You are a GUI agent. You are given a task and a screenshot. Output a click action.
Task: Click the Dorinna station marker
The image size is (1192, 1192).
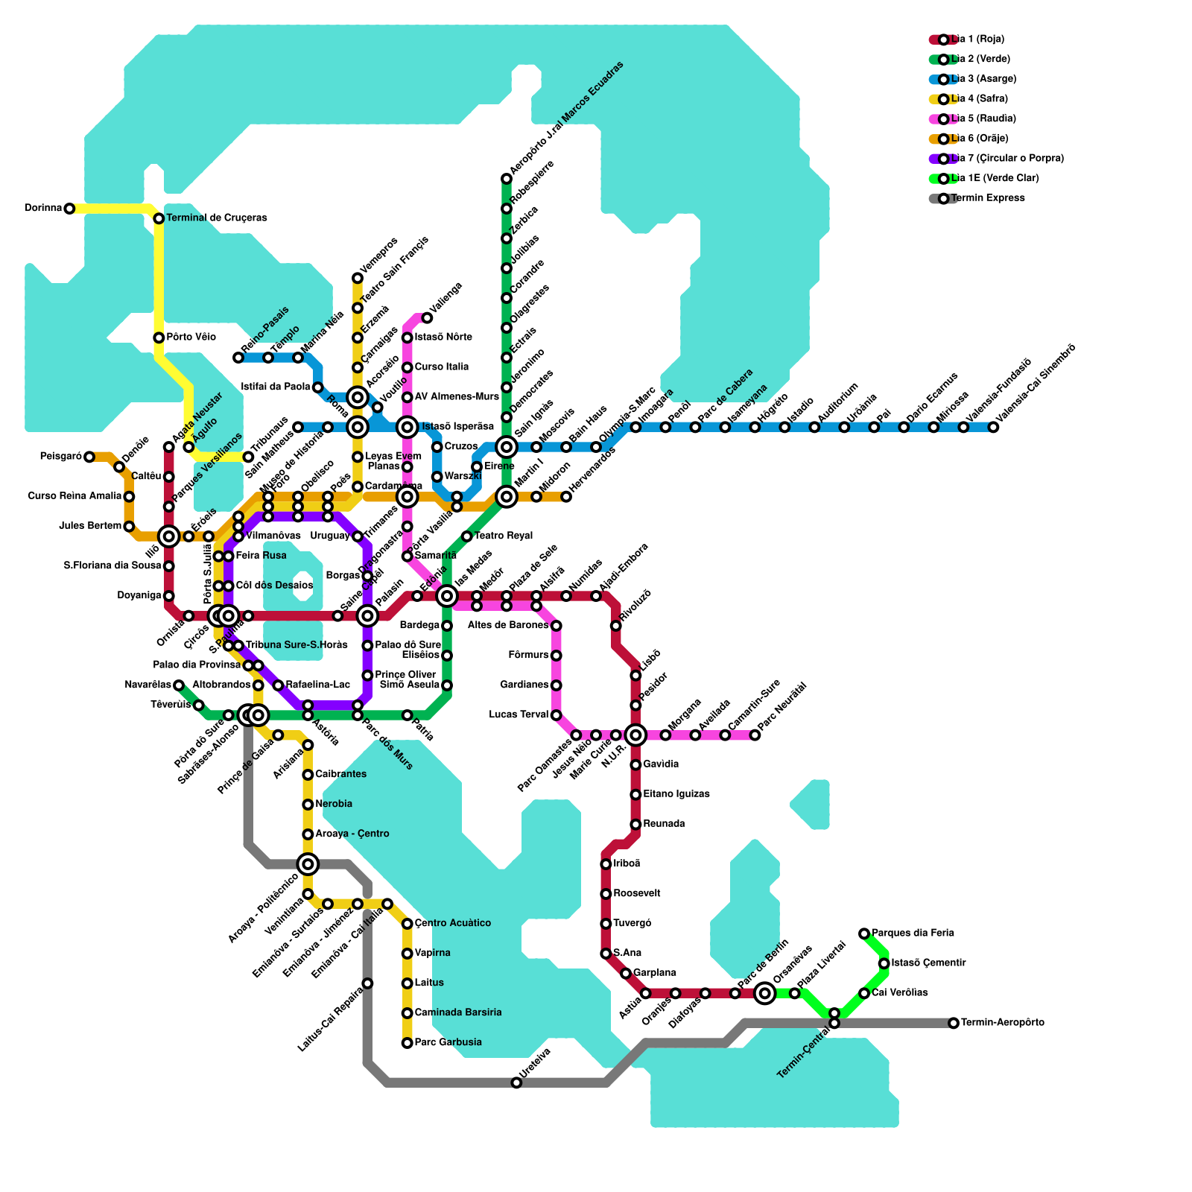point(69,209)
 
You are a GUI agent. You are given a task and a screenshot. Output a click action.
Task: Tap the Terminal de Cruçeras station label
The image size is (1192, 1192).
point(216,218)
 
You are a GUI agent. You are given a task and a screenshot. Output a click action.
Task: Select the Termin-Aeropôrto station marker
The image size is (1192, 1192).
point(954,1023)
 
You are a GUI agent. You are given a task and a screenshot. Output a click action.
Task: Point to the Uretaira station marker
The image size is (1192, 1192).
point(516,1082)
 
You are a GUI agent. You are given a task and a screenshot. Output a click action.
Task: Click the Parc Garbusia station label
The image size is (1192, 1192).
point(448,1042)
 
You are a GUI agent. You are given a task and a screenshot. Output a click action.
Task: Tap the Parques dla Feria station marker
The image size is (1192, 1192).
point(864,933)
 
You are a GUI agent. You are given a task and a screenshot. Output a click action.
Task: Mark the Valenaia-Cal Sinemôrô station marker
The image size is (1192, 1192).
point(993,427)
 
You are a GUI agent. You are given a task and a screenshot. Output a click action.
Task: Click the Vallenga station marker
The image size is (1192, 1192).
point(427,318)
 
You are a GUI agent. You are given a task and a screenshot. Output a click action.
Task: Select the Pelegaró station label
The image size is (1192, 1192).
point(60,457)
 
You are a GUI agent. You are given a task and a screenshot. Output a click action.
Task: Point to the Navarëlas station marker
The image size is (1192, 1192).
point(179,685)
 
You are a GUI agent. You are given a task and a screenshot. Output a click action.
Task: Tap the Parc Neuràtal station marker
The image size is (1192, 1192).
point(755,735)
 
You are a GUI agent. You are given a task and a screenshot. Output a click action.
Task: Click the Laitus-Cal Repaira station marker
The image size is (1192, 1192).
point(367,983)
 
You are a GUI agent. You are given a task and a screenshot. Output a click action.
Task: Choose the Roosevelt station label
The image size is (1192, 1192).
point(637,893)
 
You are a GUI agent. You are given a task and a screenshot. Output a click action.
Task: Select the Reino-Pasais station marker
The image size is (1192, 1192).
point(238,358)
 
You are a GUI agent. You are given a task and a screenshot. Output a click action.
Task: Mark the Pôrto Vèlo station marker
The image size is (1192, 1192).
point(159,337)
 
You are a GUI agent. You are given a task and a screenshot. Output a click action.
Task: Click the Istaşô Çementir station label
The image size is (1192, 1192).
point(928,963)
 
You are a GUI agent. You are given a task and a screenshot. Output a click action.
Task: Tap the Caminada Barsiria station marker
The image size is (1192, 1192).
point(407,1013)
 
